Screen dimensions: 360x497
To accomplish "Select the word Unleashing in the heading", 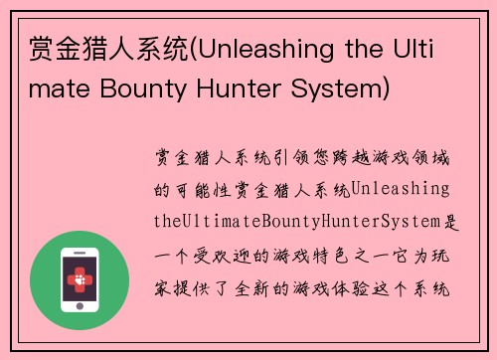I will coord(270,48).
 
